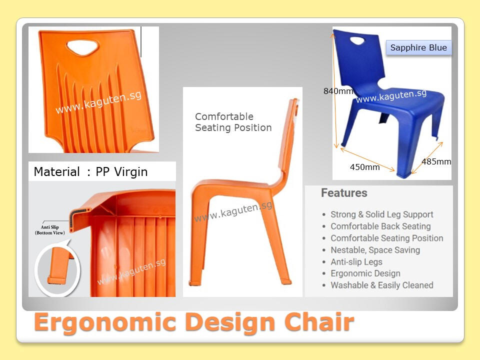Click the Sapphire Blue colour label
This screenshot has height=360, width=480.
tap(418, 48)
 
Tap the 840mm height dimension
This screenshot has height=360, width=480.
tap(338, 91)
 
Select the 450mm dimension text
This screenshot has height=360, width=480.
tap(364, 167)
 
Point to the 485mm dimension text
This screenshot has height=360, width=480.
tap(436, 161)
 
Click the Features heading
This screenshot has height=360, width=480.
tap(344, 193)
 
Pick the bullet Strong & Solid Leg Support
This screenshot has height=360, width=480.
tap(381, 214)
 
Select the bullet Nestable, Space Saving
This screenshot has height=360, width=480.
tap(375, 250)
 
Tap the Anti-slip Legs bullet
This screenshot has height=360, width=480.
tap(356, 262)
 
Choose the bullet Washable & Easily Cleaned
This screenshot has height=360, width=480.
tap(381, 285)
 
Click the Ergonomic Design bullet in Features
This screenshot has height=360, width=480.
tap(365, 273)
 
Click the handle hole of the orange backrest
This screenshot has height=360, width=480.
tap(82, 47)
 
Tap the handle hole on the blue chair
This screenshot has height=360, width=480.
tap(357, 40)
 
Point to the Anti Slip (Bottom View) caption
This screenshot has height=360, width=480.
tap(50, 230)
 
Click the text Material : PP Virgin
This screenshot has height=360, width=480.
tap(90, 171)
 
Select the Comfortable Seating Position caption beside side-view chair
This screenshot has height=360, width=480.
tap(233, 122)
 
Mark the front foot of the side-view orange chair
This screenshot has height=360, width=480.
tap(195, 282)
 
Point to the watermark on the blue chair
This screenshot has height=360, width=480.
tap(391, 96)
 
